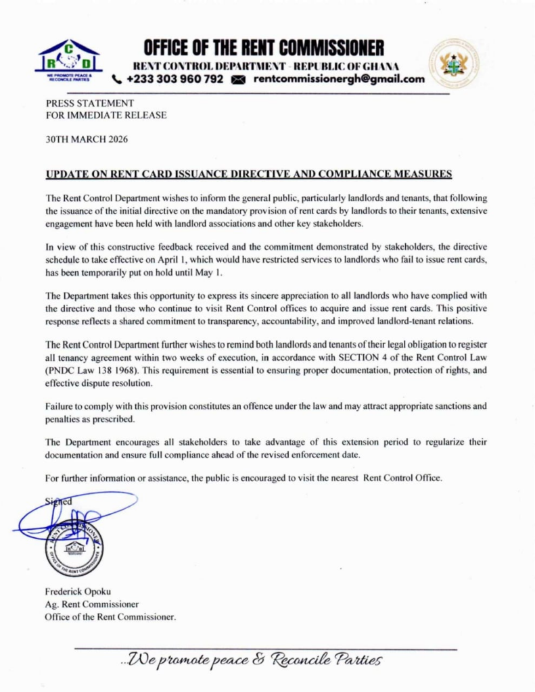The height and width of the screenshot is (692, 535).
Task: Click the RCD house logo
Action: coord(69,59)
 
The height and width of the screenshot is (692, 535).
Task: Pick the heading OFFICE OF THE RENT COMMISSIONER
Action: coord(264,48)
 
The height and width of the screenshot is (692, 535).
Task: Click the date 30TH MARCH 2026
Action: coord(87,140)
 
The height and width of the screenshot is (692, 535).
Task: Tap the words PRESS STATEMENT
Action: coord(90,103)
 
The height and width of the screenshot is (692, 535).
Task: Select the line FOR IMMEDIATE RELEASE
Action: coord(106,115)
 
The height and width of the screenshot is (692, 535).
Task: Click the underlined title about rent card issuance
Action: coord(248,174)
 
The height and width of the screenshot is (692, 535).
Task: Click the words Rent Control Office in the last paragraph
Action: coord(402,478)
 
